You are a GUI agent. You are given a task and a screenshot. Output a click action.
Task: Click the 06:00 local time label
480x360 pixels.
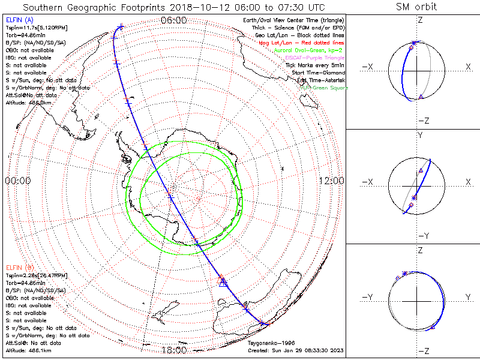coord(173,20)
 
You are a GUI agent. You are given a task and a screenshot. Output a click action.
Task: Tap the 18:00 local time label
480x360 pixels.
coord(173,350)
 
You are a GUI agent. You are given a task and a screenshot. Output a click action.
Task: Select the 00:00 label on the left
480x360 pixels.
coord(17,181)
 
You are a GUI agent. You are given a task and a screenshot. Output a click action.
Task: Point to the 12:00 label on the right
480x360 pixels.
coord(331,181)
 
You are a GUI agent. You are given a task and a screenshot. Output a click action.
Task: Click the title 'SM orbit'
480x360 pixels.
coord(416,7)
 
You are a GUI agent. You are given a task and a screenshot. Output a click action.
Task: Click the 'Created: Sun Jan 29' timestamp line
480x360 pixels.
coord(296,350)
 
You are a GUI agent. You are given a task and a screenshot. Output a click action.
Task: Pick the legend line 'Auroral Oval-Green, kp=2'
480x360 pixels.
coord(309,51)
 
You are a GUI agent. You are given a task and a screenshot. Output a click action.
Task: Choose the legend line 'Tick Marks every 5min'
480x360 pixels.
coord(315,65)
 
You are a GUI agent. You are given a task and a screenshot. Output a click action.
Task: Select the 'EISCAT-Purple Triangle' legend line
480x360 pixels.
coord(311,58)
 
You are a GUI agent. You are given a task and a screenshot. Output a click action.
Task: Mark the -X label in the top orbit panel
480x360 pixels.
coord(368,67)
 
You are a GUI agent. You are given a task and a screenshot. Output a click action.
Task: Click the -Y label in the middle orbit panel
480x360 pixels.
coord(418,235)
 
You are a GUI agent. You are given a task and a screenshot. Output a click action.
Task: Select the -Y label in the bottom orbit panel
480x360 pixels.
coord(368,297)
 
